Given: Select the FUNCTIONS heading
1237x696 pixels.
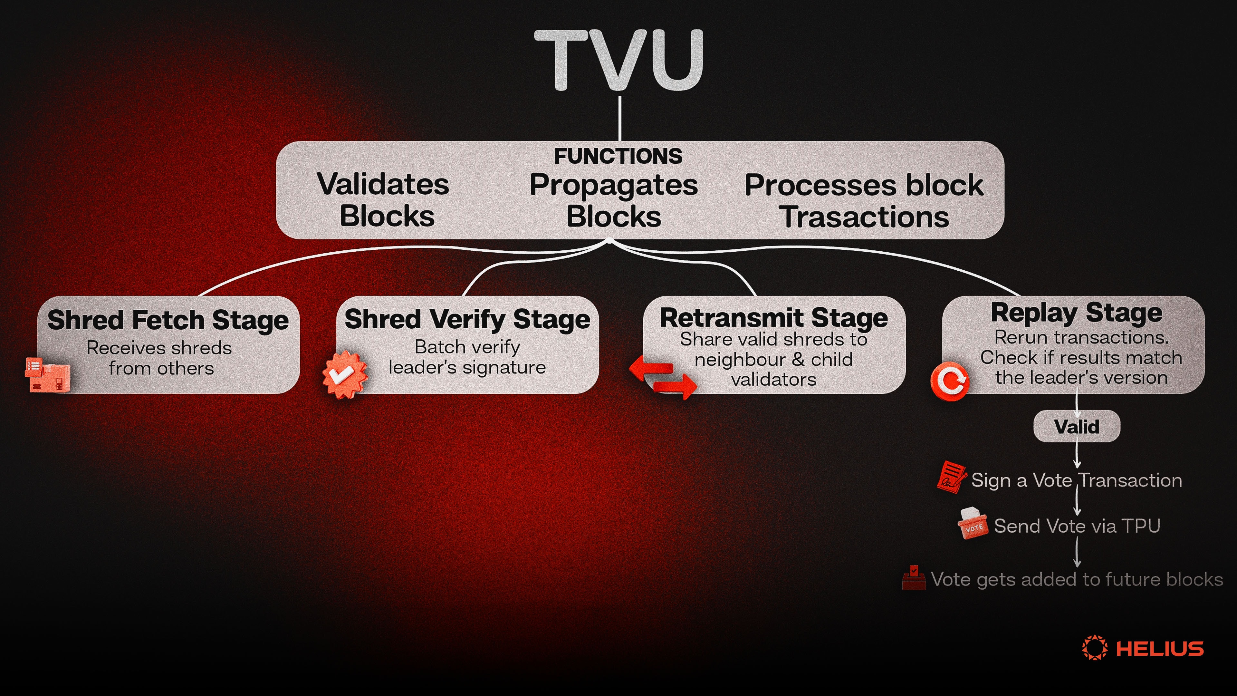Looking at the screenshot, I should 618,156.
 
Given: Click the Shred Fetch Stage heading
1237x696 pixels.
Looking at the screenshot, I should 168,320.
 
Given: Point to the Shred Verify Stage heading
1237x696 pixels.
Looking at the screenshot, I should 467,319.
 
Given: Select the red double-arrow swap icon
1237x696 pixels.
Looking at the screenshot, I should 663,377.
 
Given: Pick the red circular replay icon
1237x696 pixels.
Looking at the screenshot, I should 950,381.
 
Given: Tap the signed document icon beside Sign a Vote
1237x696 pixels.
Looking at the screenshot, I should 951,477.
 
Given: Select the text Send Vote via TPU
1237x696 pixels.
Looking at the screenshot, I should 1077,526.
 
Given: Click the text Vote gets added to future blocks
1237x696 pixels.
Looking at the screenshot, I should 1077,579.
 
